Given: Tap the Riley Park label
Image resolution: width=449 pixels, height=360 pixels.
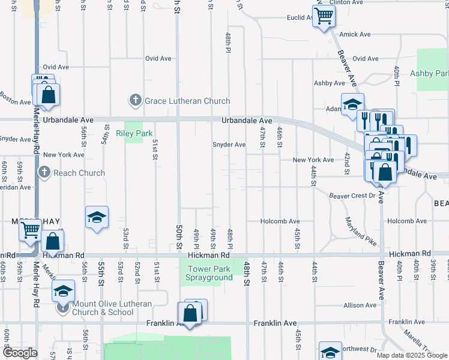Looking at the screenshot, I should point(134,133).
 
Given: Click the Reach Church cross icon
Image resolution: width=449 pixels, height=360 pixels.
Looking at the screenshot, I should point(44,173).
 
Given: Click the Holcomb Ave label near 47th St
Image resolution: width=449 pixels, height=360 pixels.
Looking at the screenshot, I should point(280,221).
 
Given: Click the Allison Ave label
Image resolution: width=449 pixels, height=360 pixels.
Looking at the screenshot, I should point(360,305).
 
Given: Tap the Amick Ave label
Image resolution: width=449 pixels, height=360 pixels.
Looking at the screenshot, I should point(352,35).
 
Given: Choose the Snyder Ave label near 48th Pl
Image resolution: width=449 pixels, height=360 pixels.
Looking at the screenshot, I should point(229,145).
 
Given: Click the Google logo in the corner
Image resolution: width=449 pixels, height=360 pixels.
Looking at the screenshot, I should point(20,353).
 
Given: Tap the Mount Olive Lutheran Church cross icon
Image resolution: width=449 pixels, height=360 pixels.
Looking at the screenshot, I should point(62,309).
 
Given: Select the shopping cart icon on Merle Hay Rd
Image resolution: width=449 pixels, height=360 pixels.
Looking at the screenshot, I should point(30,229).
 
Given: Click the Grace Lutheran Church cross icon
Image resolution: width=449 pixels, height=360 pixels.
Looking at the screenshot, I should point(136,100).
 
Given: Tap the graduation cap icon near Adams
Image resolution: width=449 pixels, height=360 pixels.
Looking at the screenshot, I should point(352,103).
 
